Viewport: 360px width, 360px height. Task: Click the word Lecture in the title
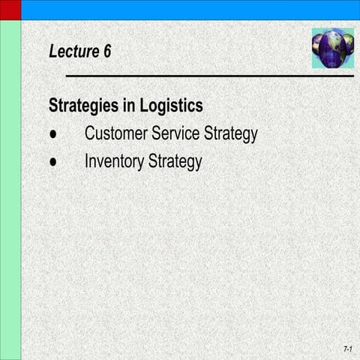[x=73, y=52]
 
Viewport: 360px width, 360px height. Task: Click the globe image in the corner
[x=332, y=47]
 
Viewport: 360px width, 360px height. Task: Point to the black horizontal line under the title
[x=210, y=76]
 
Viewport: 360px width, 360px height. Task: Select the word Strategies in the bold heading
[x=83, y=106]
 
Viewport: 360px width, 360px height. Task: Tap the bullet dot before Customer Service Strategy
[x=53, y=134]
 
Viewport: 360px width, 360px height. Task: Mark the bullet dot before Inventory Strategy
[x=53, y=161]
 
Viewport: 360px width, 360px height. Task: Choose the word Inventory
[x=113, y=161]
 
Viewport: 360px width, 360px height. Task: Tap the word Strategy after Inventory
[x=175, y=162]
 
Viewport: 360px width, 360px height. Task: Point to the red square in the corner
[x=10, y=10]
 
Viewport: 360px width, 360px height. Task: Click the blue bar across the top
[x=187, y=10]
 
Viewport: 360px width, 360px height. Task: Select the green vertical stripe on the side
[x=10, y=187]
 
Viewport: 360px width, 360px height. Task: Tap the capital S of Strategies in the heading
[x=53, y=106]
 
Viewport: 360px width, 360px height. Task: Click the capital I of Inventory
[x=86, y=161]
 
